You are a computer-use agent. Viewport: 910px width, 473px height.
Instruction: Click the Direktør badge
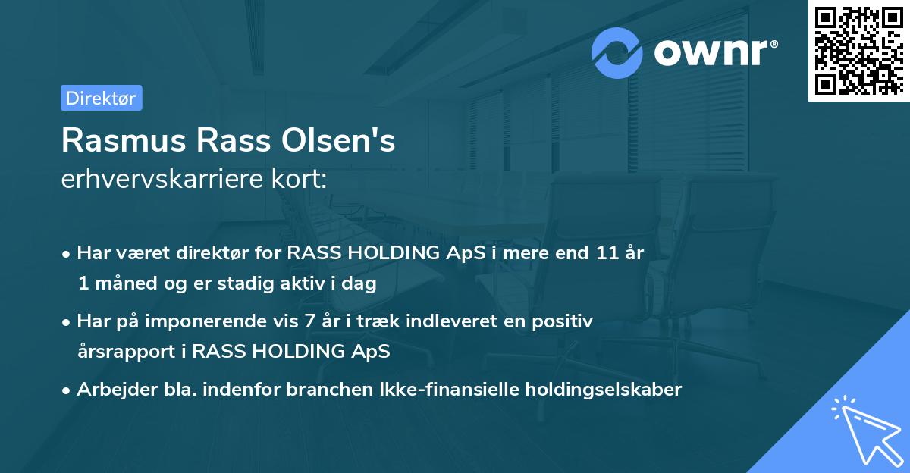click(101, 98)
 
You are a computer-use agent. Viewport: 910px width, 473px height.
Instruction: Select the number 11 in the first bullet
click(604, 253)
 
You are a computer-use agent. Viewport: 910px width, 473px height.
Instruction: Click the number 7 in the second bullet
click(309, 321)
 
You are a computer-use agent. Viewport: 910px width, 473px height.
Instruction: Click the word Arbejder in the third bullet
click(110, 390)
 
